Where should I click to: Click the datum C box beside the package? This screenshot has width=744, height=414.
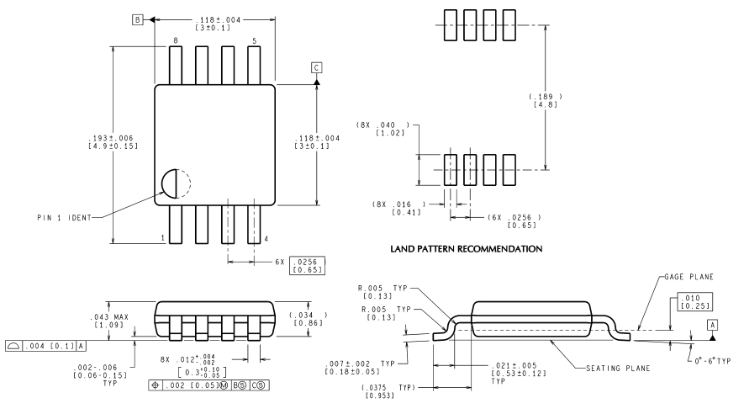(316, 67)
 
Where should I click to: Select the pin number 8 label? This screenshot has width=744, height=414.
(176, 41)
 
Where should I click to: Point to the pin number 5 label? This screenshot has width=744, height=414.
(254, 41)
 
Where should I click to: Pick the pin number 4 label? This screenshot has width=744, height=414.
(266, 239)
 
